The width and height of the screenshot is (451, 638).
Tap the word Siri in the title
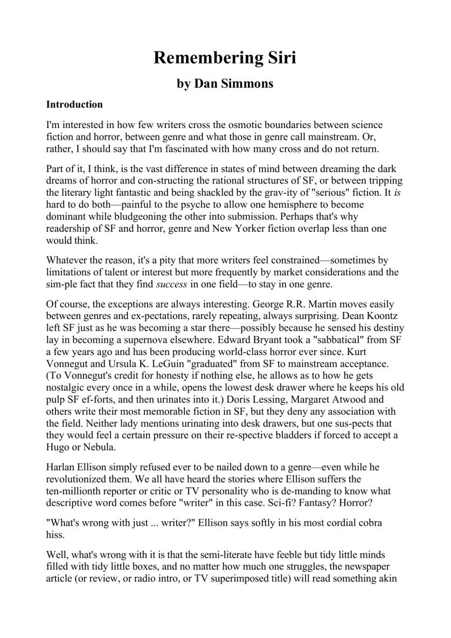pos(279,58)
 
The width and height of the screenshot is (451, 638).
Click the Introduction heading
pos(74,104)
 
